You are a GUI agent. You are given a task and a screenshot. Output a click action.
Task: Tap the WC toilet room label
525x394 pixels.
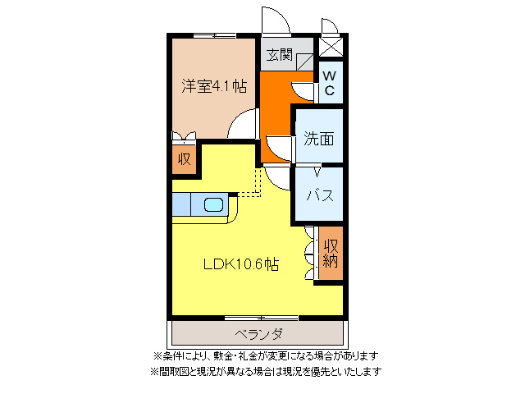pos(328,83)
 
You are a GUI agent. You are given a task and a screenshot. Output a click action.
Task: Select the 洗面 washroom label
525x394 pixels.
pos(319,138)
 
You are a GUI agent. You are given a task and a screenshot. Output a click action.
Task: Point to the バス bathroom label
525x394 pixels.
pos(319,195)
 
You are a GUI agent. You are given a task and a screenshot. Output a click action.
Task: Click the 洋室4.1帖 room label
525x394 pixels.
pos(213,85)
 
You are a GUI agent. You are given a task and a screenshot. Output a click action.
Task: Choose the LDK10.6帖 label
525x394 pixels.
pos(240,264)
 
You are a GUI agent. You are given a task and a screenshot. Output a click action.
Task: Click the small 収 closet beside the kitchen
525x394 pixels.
pos(184,159)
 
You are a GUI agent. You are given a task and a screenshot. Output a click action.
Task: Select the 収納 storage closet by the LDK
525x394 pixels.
pos(331,254)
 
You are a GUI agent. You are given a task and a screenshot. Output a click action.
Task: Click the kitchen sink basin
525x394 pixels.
pos(214,204)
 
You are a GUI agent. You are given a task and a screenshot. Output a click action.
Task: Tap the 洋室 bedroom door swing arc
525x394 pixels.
pos(244,127)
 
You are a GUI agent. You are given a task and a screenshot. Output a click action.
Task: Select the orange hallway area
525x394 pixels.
pos(276,107)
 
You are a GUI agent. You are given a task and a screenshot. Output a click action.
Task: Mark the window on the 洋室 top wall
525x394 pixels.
pos(214,35)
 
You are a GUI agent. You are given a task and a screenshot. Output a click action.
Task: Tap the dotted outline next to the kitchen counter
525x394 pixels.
pos(249,185)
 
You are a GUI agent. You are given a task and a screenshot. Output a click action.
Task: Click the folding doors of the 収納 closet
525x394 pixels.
pos(308,254)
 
